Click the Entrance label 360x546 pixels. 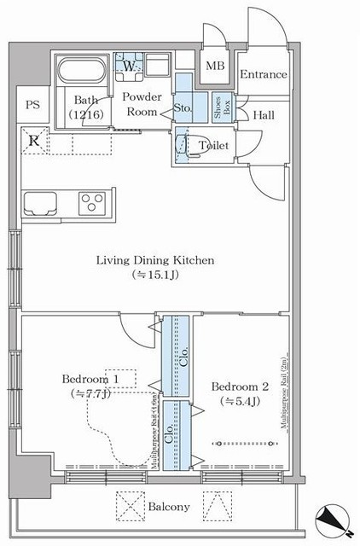tap(263, 75)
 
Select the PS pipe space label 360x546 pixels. tap(32, 105)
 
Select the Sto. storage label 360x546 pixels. tap(183, 108)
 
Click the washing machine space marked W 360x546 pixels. tap(129, 66)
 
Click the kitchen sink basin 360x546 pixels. tap(40, 203)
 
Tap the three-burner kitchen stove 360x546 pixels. tap(91, 203)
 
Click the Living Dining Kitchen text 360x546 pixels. tap(154, 260)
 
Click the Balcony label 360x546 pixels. tap(168, 507)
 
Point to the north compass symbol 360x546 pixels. tap(334, 519)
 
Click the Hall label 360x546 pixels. tap(263, 114)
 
